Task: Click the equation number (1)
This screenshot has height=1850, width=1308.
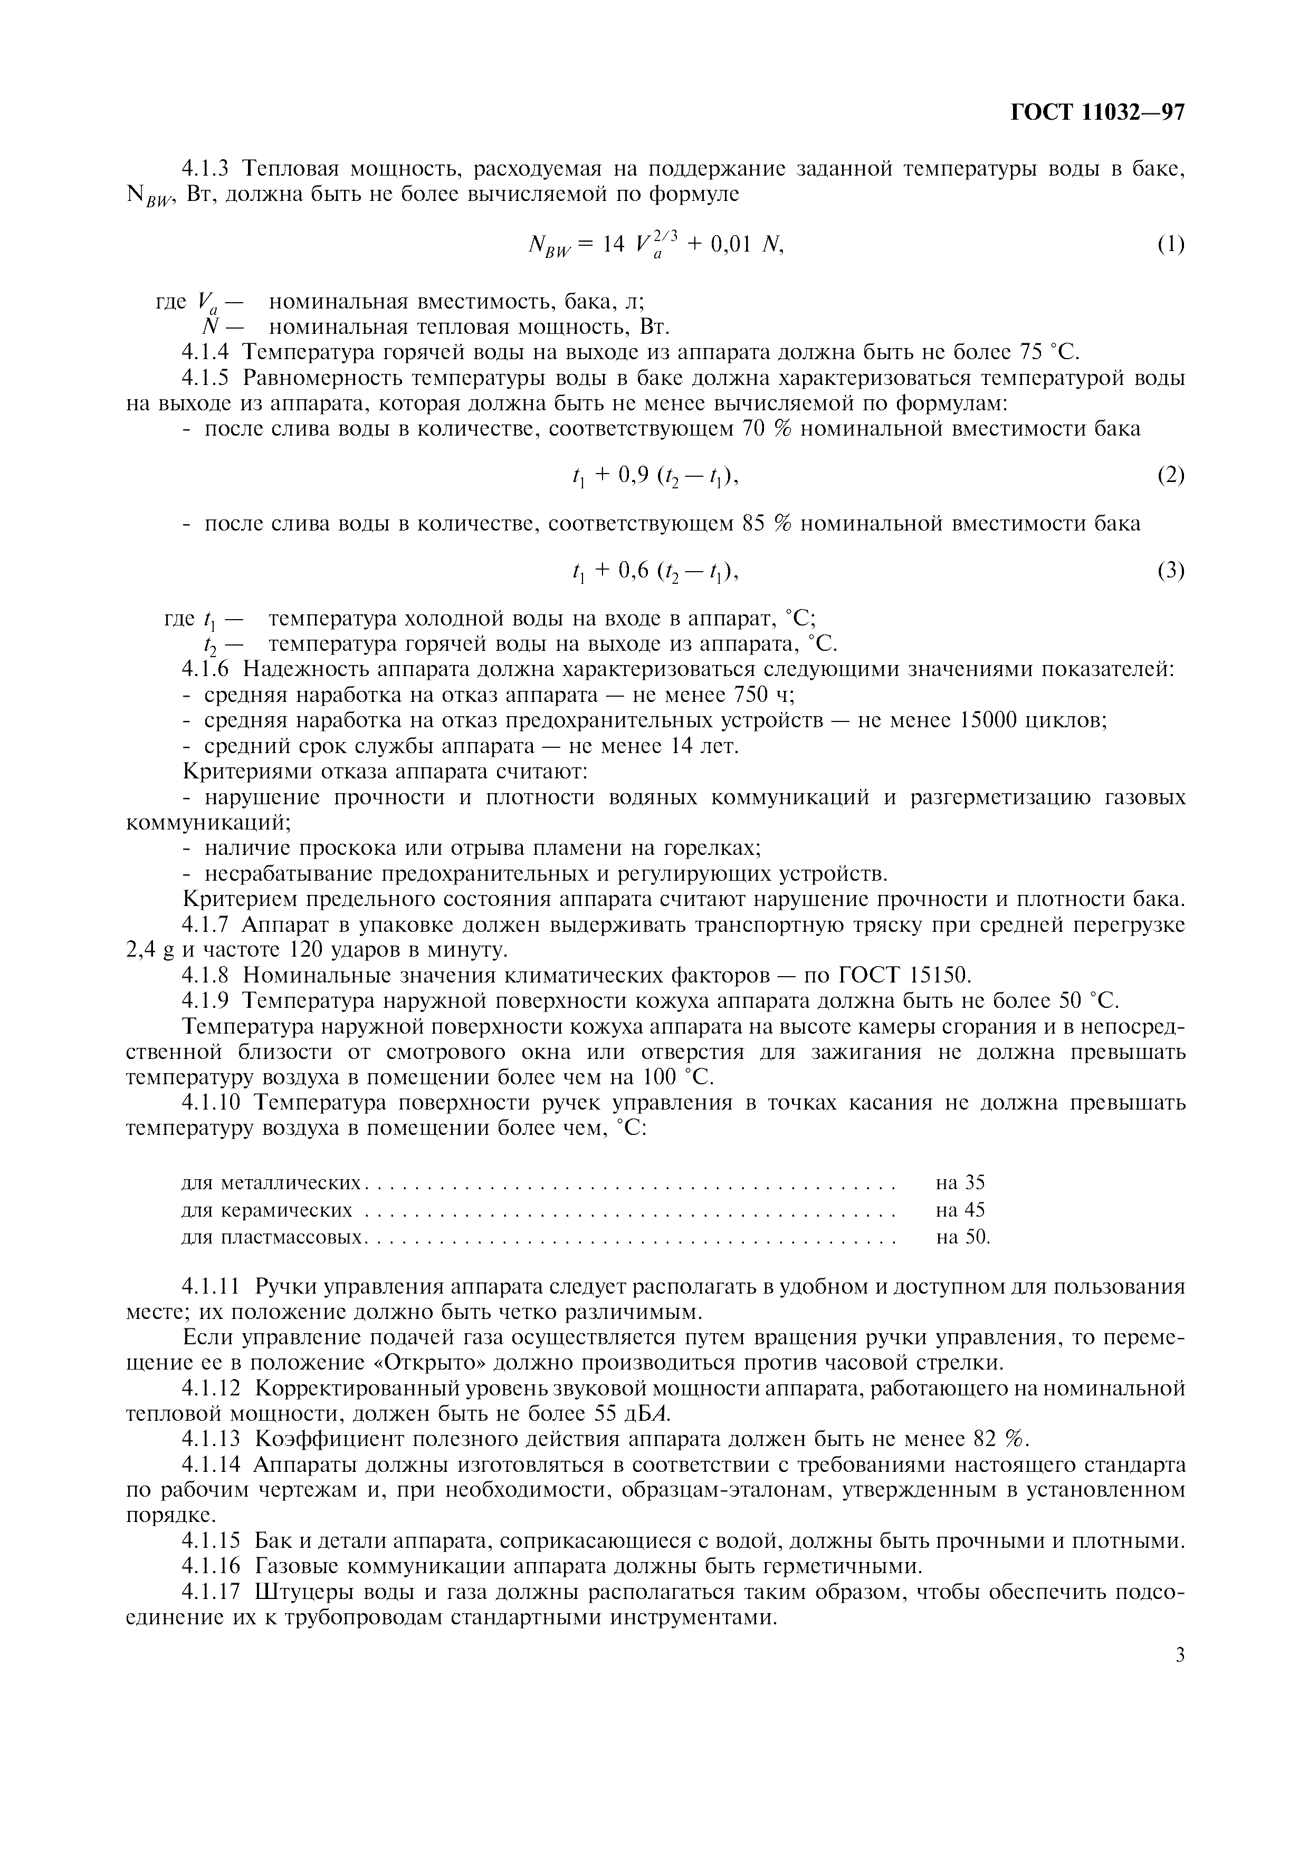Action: pyautogui.click(x=1170, y=244)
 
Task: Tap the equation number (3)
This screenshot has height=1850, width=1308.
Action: pyautogui.click(x=1170, y=571)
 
